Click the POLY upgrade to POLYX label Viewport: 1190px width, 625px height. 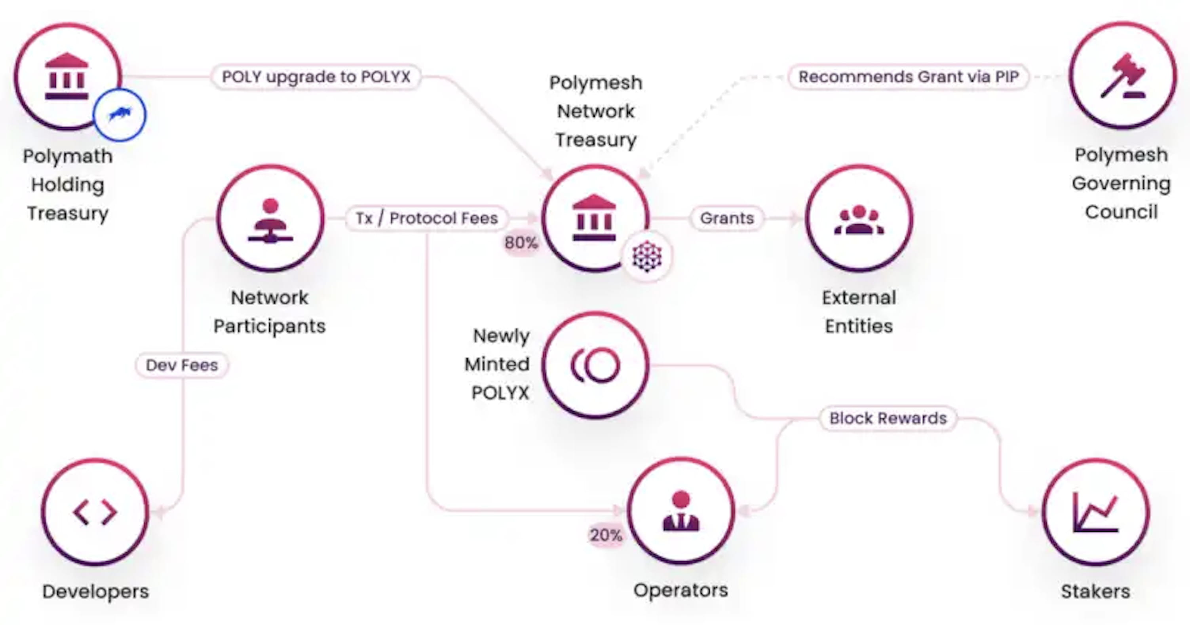pyautogui.click(x=316, y=77)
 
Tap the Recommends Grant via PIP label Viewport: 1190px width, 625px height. pyautogui.click(x=908, y=77)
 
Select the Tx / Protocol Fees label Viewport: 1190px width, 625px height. pyautogui.click(x=426, y=218)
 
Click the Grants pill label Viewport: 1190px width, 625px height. pyautogui.click(x=727, y=218)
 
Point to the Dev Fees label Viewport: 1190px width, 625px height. pyautogui.click(x=182, y=365)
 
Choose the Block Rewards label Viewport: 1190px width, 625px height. pyautogui.click(x=888, y=418)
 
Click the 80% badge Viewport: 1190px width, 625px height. pyautogui.click(x=521, y=242)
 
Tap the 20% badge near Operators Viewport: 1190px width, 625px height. pyautogui.click(x=606, y=535)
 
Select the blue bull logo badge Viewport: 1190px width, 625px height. pyautogui.click(x=120, y=114)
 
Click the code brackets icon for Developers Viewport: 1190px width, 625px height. pyautogui.click(x=95, y=512)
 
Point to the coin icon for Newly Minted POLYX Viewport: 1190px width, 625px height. pyautogui.click(x=595, y=365)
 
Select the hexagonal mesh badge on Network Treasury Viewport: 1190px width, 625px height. pyautogui.click(x=647, y=256)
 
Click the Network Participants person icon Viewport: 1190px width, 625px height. pyautogui.click(x=270, y=220)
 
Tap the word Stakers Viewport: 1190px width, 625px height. pyautogui.click(x=1095, y=591)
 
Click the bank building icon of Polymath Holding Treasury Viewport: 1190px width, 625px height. pyautogui.click(x=67, y=76)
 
